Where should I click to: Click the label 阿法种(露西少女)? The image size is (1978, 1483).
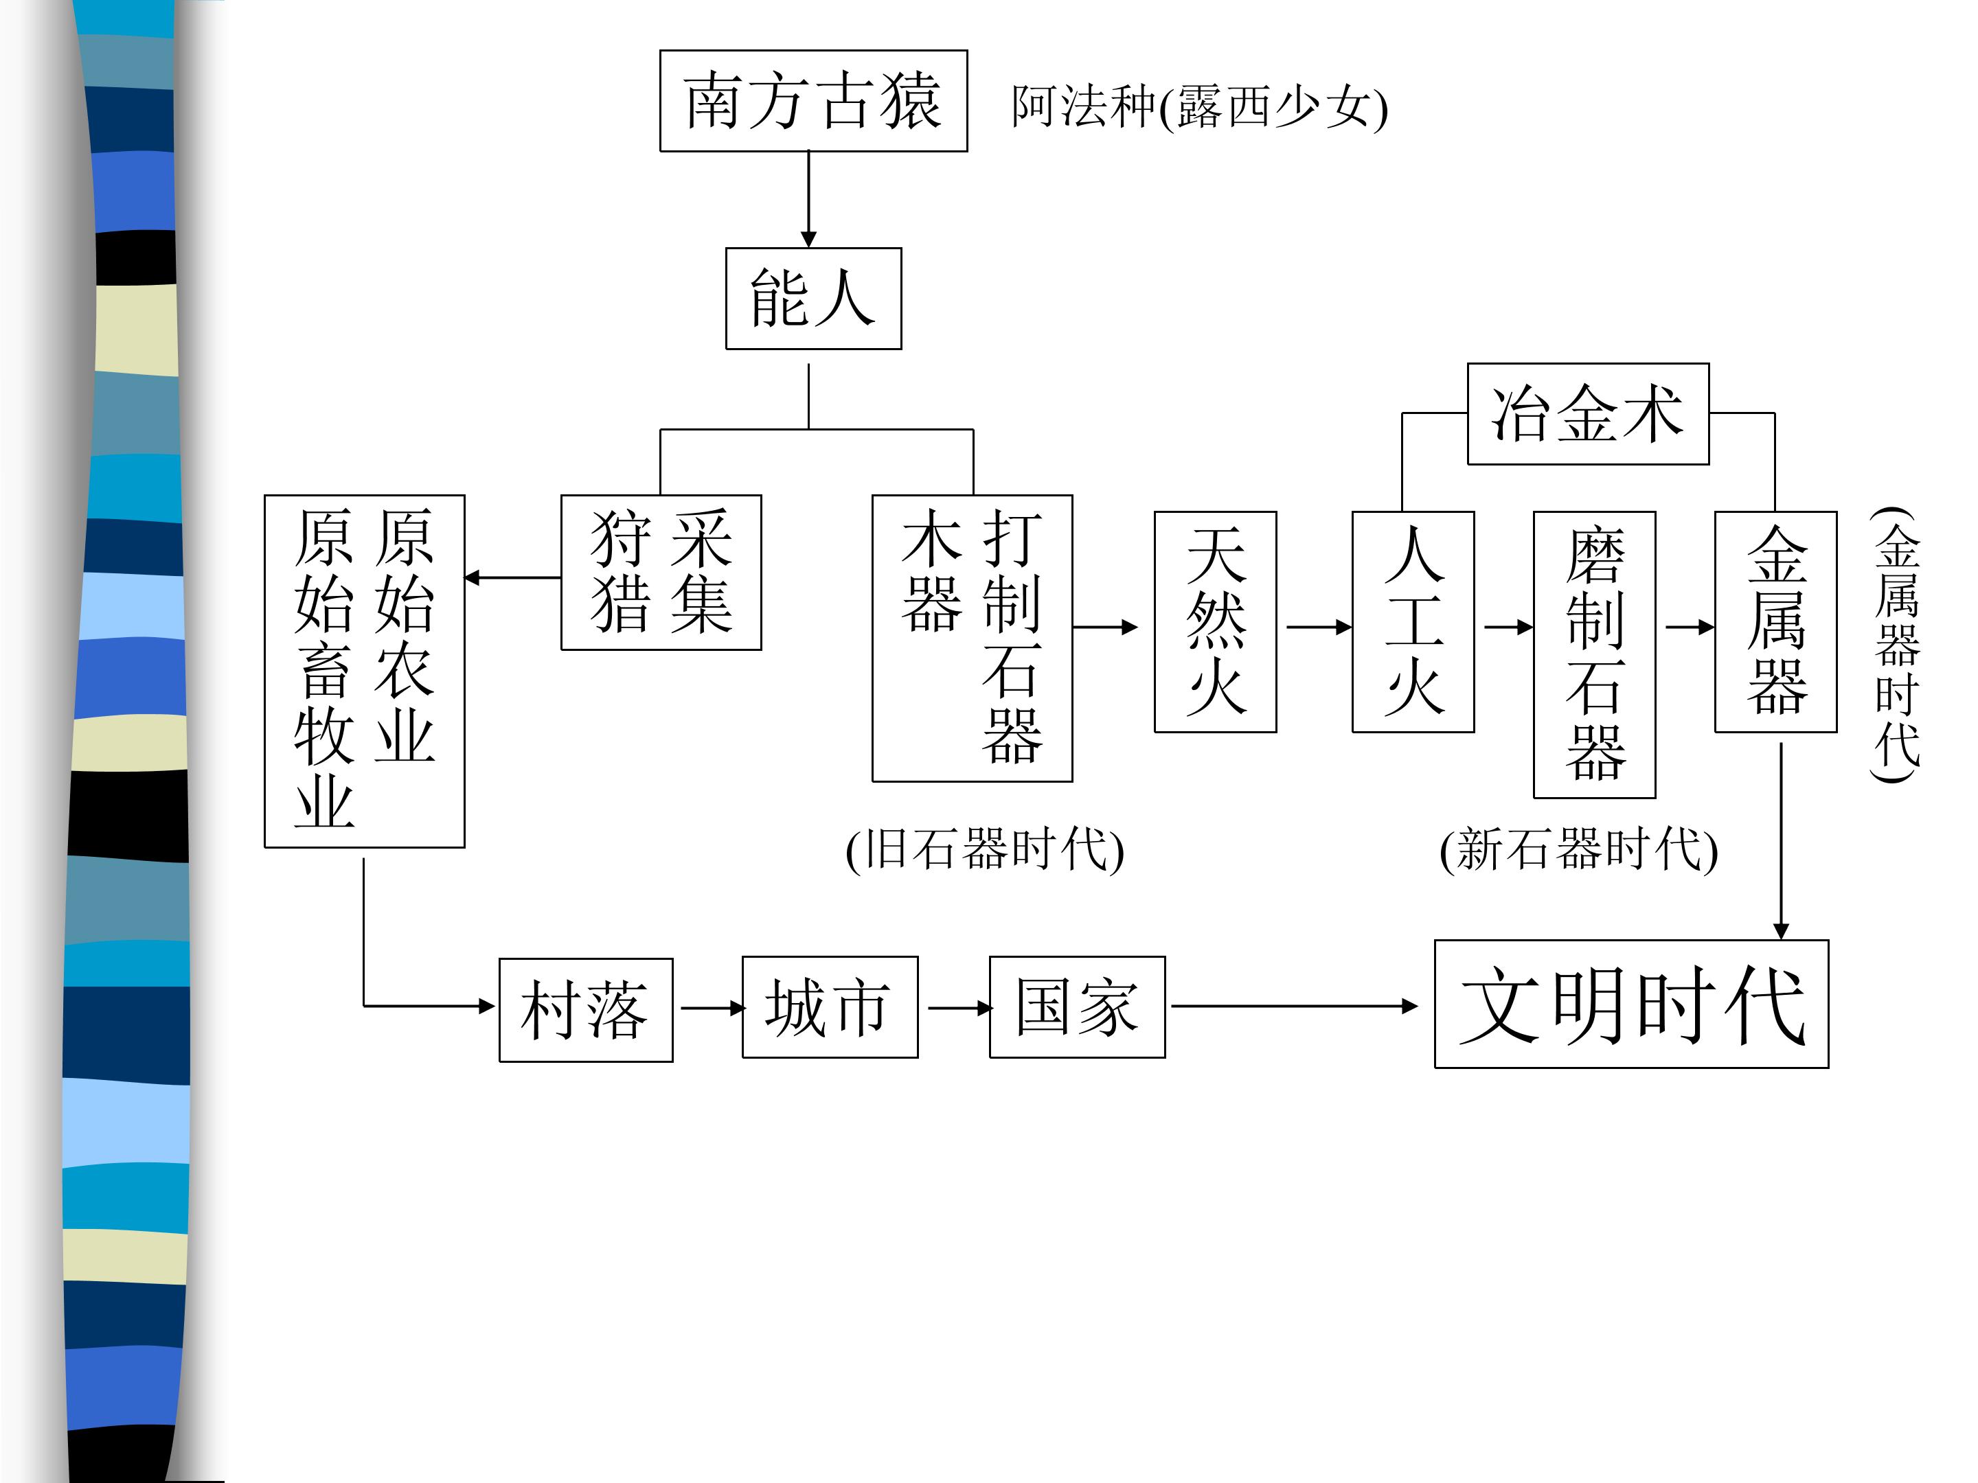[1199, 106]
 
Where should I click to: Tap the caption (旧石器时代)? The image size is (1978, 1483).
[984, 849]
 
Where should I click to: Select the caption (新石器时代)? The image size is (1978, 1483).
[1578, 849]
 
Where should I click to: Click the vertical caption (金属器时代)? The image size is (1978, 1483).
[1896, 643]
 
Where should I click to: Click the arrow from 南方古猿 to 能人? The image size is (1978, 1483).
[808, 199]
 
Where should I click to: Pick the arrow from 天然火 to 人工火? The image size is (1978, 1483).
[1319, 627]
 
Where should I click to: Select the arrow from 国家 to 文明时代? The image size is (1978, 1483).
[1295, 1007]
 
